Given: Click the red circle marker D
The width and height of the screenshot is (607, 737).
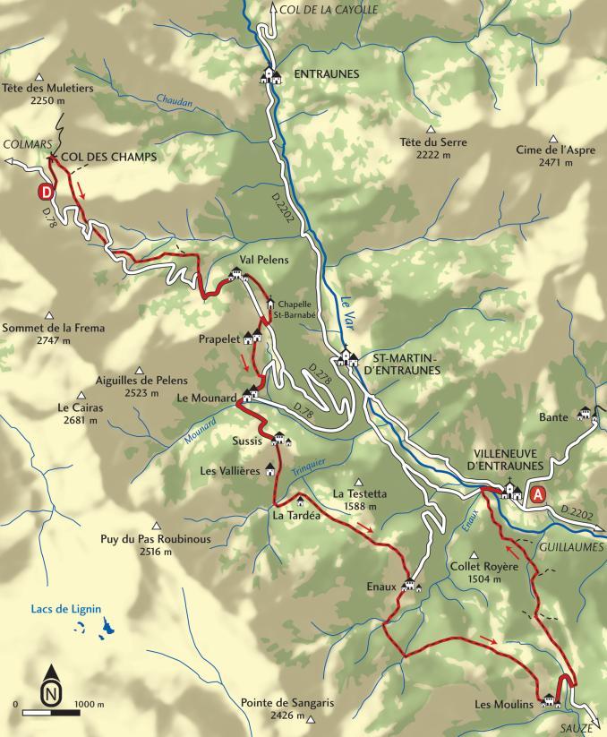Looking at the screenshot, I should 45,192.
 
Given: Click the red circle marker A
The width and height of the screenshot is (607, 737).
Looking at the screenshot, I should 537,494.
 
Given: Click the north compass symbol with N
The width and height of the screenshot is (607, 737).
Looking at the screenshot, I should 53,690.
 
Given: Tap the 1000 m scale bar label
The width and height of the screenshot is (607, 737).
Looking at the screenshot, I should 89,705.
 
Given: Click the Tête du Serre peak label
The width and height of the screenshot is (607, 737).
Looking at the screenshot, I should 434,142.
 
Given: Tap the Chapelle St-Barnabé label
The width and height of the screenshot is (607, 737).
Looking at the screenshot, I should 300,309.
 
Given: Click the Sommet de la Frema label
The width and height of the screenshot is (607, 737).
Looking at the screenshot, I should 54,328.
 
